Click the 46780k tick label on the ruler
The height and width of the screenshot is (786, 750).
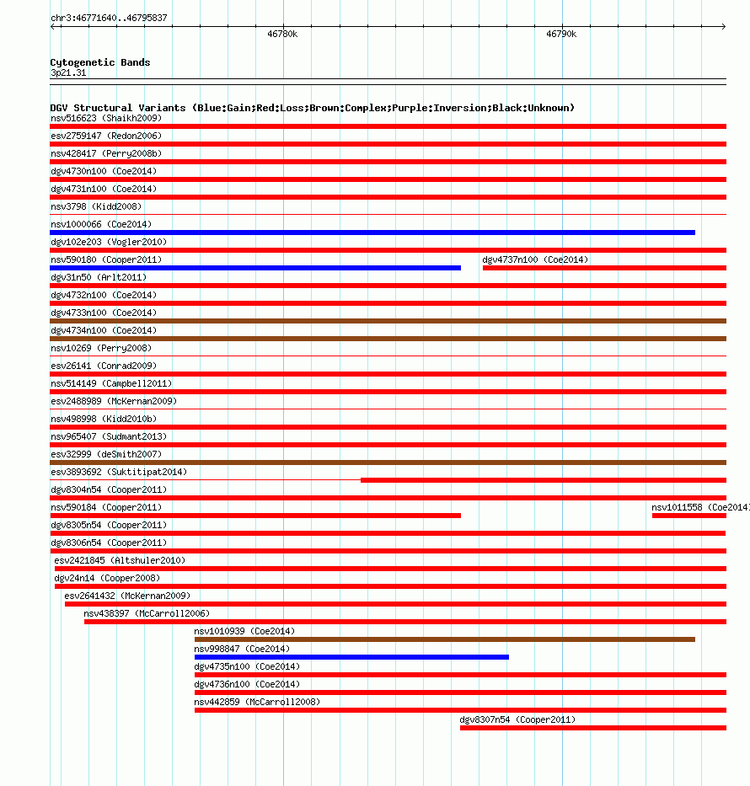tap(282, 35)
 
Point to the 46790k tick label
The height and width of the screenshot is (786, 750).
tap(560, 35)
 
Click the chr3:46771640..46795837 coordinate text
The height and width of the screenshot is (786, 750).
tap(109, 18)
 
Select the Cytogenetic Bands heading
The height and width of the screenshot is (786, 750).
tap(99, 62)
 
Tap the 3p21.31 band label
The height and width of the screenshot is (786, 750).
tap(68, 73)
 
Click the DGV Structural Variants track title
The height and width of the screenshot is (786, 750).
tap(312, 108)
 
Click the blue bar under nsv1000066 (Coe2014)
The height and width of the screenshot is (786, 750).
tap(372, 232)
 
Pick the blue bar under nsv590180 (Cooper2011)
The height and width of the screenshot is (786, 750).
tap(255, 267)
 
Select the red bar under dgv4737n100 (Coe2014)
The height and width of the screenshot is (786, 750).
tap(604, 267)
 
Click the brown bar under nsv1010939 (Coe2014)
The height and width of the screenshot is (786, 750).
tap(445, 639)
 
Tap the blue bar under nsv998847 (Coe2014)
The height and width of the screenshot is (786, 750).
tap(351, 656)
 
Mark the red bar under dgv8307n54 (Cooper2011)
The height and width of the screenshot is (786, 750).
tap(592, 727)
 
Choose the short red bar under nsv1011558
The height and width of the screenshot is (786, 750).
tap(688, 515)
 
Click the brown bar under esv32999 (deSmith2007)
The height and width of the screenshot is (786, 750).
tap(388, 462)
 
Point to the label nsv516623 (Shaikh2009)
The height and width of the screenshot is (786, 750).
tap(105, 118)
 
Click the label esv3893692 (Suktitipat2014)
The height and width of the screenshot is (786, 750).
tap(119, 472)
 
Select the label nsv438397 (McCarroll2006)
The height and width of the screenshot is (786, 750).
tap(147, 613)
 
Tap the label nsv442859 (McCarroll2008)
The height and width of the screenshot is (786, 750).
tap(257, 702)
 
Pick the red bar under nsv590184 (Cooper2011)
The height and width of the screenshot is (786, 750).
tap(255, 515)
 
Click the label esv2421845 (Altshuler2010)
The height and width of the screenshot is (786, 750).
tap(119, 560)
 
